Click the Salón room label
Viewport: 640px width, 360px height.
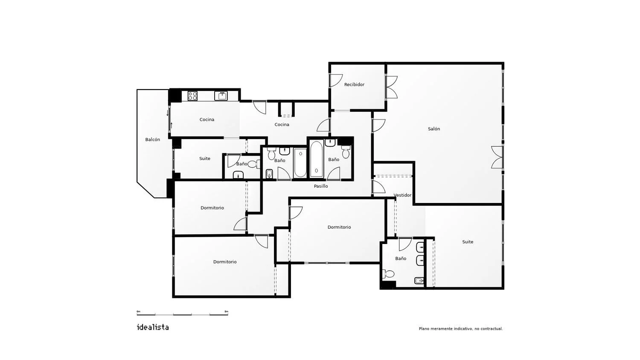click(434, 129)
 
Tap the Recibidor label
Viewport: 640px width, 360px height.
click(354, 84)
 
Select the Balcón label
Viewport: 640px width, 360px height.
click(153, 139)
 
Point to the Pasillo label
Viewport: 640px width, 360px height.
click(321, 186)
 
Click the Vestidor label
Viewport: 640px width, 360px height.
click(402, 195)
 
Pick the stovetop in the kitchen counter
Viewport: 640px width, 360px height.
click(192, 96)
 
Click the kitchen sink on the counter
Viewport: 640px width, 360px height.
click(221, 96)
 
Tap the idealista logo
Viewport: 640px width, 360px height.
click(153, 327)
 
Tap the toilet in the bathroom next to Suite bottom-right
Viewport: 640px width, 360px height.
click(388, 274)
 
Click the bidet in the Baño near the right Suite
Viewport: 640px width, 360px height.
click(419, 281)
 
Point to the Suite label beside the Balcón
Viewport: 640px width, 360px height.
click(204, 159)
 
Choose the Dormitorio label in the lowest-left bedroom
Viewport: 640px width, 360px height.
click(225, 262)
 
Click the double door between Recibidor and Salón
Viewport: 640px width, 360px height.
click(391, 87)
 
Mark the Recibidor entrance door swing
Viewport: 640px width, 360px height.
click(336, 81)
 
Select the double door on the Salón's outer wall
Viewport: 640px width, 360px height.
click(497, 157)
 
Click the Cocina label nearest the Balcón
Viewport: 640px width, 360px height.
click(207, 119)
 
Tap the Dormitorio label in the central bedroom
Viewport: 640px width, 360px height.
click(339, 227)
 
